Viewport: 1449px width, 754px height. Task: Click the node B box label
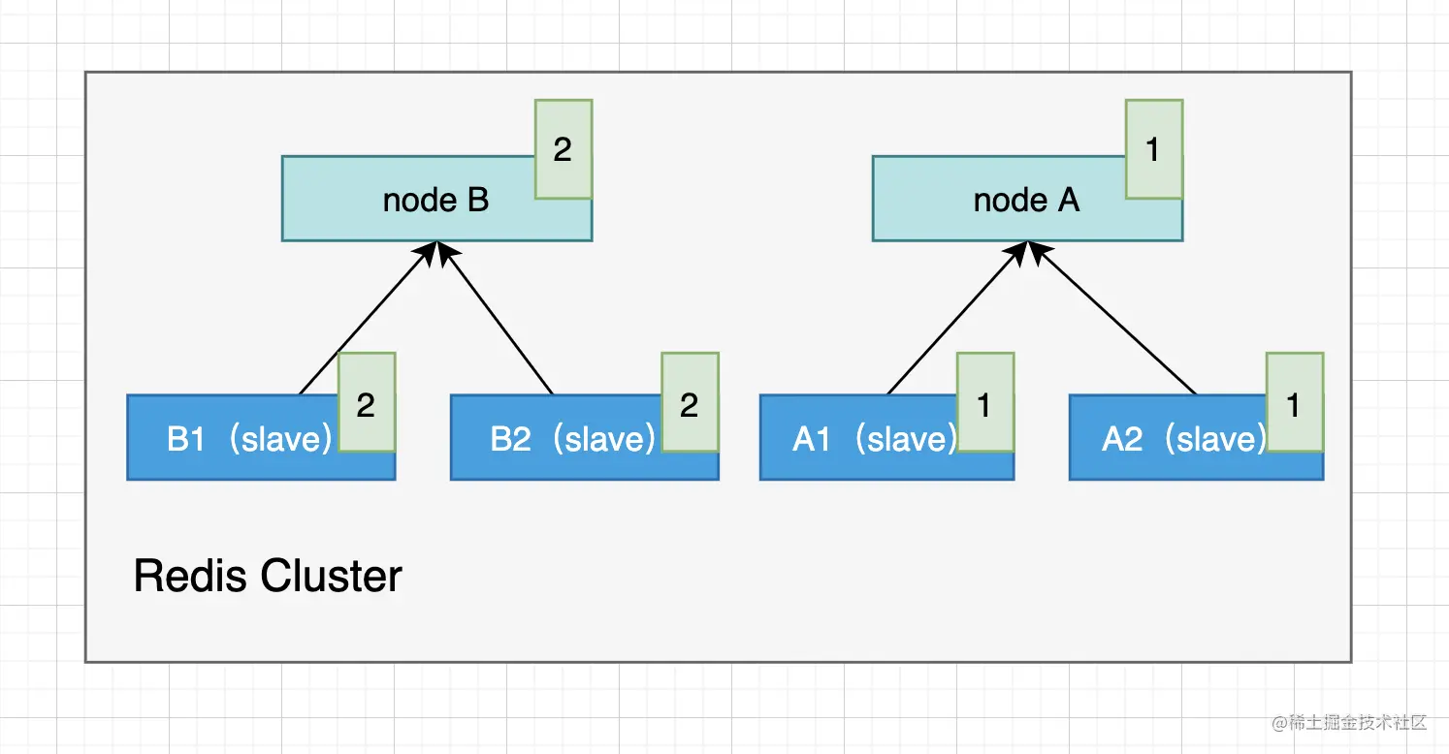[435, 201]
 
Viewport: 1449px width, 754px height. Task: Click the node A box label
[1026, 201]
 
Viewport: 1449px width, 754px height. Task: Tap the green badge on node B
[563, 149]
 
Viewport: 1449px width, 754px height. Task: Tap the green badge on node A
[1153, 149]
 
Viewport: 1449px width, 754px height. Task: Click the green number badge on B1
[366, 403]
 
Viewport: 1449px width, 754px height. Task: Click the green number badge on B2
[690, 403]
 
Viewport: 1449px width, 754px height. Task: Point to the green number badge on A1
[984, 403]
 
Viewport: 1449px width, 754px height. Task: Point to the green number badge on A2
[1294, 403]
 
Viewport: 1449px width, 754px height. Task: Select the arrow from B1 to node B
[364, 320]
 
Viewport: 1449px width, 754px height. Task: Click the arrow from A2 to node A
[1113, 320]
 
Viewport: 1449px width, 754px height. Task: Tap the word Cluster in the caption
[332, 577]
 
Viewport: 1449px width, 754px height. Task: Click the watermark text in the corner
[1349, 723]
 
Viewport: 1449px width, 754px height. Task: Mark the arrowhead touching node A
[1026, 249]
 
